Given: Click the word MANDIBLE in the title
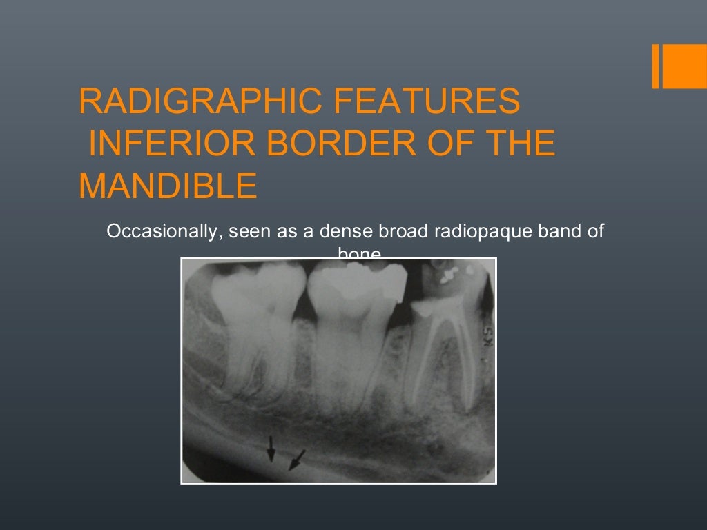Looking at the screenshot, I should (168, 186).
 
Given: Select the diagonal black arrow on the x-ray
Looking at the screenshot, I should (296, 459).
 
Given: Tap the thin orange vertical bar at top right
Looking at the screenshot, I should (656, 67).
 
